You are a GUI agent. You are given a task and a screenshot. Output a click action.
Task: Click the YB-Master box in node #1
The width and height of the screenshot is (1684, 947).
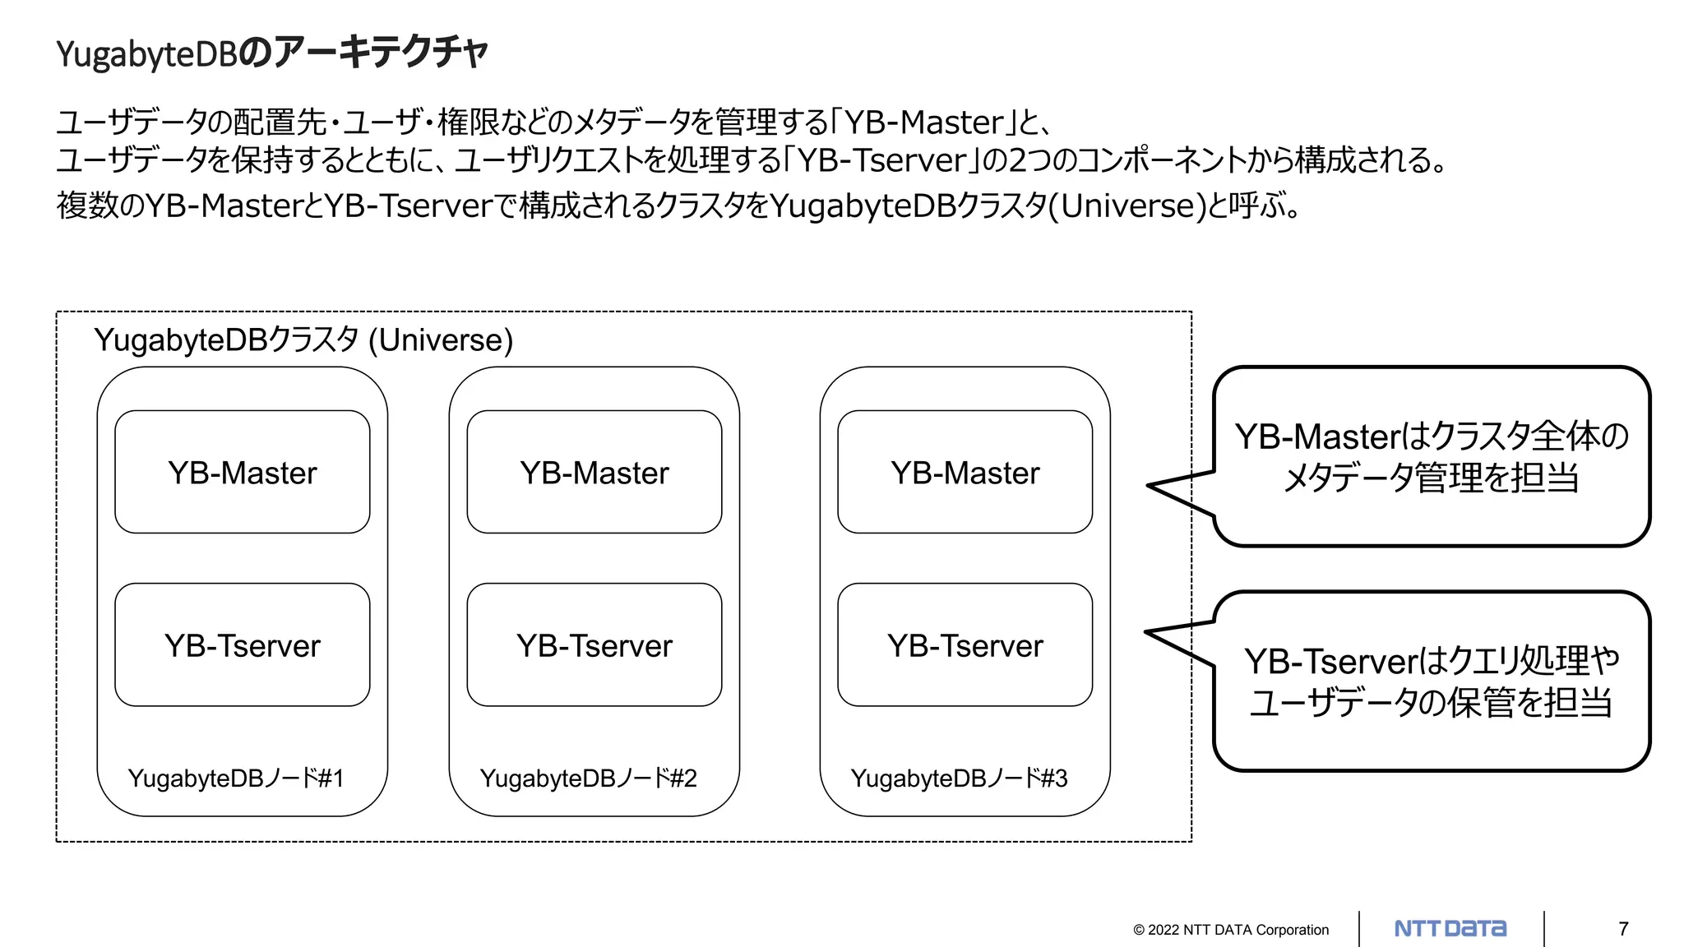(242, 473)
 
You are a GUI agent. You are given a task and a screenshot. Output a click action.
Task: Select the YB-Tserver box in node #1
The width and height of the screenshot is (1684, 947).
(242, 645)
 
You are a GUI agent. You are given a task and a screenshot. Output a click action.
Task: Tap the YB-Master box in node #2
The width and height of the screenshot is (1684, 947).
(594, 473)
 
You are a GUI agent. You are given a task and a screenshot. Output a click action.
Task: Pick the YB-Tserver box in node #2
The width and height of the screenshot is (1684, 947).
(594, 645)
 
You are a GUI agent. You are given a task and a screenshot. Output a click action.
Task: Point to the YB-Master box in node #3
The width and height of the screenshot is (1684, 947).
(965, 473)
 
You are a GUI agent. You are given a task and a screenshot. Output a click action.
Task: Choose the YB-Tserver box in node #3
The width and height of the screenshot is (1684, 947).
(965, 645)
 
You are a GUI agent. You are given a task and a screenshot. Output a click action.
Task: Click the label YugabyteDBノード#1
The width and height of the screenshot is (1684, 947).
(236, 778)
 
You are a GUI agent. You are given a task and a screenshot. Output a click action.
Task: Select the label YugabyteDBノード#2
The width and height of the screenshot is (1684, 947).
(588, 778)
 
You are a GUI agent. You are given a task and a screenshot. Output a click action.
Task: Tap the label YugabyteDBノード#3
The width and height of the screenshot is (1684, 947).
(959, 778)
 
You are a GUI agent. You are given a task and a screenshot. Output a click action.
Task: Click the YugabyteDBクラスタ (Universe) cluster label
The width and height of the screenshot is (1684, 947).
(303, 340)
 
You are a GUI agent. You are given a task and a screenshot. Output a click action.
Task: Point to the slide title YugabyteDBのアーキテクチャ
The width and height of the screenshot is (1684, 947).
(272, 53)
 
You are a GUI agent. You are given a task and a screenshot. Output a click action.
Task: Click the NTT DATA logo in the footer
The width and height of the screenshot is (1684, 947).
(1450, 929)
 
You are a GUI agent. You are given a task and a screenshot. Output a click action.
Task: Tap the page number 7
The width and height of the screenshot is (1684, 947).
(1623, 929)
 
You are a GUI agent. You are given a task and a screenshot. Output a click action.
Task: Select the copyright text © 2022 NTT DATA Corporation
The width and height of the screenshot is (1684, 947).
(1231, 930)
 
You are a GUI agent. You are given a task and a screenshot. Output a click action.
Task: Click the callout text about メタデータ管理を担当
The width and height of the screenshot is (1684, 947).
(1431, 477)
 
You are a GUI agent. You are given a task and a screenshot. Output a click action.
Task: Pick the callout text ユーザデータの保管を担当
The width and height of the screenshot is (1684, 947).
(1431, 702)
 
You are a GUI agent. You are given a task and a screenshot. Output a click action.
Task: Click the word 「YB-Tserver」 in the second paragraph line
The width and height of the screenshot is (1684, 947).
(881, 160)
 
